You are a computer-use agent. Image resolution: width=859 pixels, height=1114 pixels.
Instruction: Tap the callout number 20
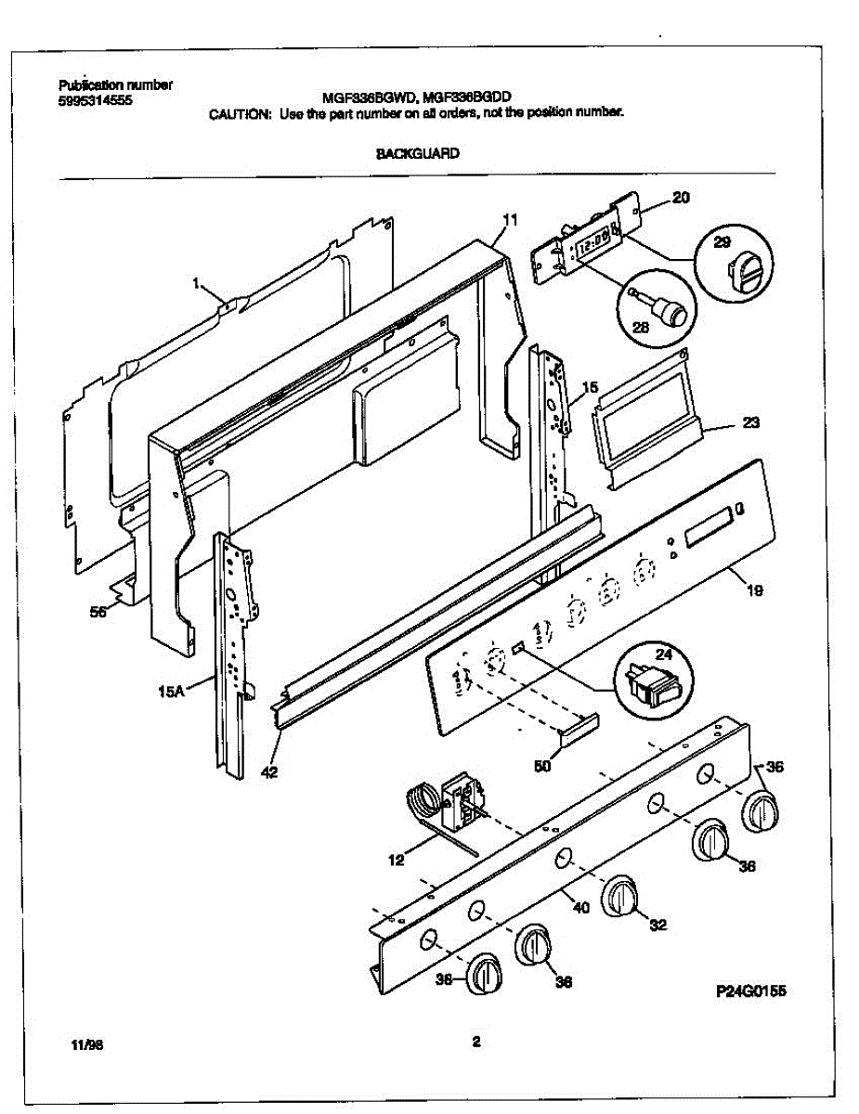681,198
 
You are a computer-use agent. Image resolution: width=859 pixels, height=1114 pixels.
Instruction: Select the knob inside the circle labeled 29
744,272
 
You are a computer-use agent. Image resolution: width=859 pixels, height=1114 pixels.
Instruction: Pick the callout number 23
751,423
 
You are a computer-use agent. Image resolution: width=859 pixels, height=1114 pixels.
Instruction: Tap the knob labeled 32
618,898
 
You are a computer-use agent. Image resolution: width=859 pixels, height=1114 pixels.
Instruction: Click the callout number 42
267,771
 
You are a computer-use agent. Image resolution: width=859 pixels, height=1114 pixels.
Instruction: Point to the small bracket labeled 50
578,725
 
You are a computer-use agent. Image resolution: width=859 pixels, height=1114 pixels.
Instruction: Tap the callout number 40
580,909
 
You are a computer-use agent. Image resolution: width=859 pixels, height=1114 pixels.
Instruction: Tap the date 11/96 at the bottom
86,1045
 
